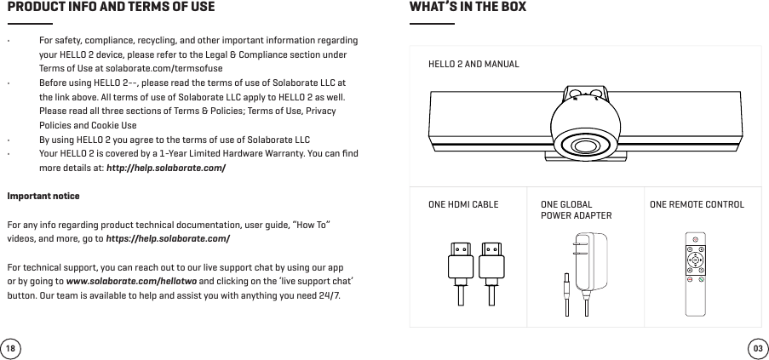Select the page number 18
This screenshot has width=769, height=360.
click(11, 349)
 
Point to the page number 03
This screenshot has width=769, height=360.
click(756, 349)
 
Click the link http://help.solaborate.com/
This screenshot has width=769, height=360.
click(165, 167)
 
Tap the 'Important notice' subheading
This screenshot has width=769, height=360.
click(43, 197)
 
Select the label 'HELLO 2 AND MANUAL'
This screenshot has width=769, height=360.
click(473, 64)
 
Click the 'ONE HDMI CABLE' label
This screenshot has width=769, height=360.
click(463, 205)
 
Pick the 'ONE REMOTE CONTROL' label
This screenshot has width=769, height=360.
click(696, 205)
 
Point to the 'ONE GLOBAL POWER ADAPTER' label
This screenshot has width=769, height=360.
click(577, 210)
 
